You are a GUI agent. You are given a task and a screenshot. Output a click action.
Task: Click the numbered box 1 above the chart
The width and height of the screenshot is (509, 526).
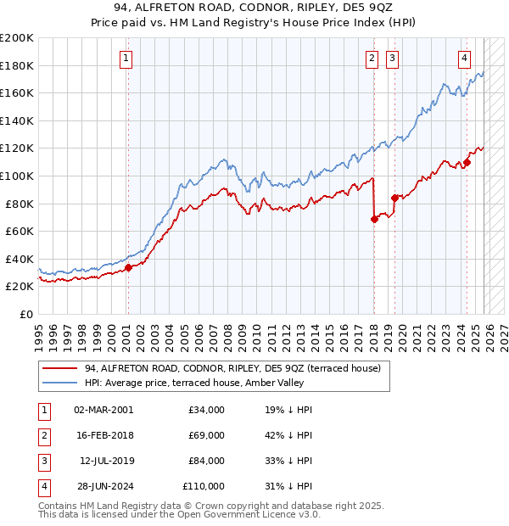coord(126,59)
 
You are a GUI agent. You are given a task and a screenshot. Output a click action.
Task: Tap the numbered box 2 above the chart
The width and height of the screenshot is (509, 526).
coord(372,59)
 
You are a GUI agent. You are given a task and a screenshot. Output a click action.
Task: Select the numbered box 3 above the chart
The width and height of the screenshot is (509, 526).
coord(393,59)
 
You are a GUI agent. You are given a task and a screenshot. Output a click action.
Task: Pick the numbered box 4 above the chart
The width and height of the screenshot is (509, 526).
coord(465,59)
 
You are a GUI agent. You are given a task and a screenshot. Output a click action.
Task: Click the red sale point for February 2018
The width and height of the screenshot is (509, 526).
coord(374,219)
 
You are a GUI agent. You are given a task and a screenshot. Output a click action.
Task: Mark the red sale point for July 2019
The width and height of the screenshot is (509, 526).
coord(394,198)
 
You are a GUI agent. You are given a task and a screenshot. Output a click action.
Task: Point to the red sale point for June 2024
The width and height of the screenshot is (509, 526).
coord(467,162)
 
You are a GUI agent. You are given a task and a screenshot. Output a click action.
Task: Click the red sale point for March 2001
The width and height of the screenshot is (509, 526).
coord(128,267)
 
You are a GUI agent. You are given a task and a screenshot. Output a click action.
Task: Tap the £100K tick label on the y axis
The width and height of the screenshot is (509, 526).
coord(17,176)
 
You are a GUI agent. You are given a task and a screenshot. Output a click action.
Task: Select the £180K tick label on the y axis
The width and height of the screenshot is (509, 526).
coord(17,65)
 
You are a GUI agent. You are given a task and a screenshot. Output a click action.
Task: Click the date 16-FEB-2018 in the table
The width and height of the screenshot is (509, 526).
coord(103,435)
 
